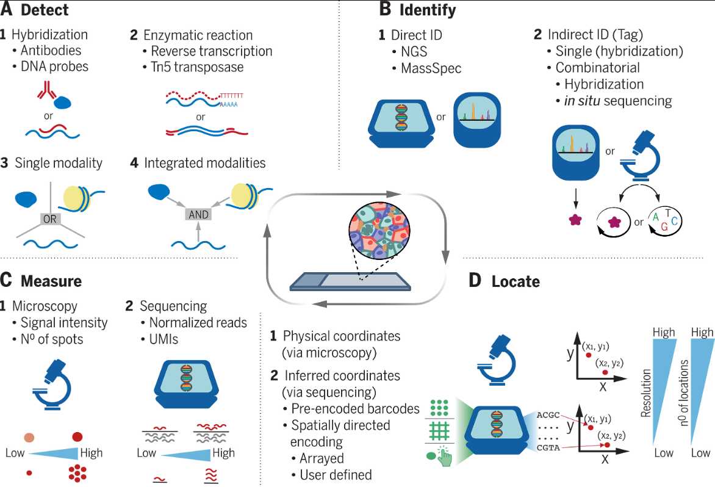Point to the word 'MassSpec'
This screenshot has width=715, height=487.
[x=431, y=68]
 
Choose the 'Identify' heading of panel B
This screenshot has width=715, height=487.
[x=427, y=10]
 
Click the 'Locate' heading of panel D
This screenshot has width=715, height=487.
[x=516, y=281]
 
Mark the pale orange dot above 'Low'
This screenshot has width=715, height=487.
[x=29, y=438]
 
